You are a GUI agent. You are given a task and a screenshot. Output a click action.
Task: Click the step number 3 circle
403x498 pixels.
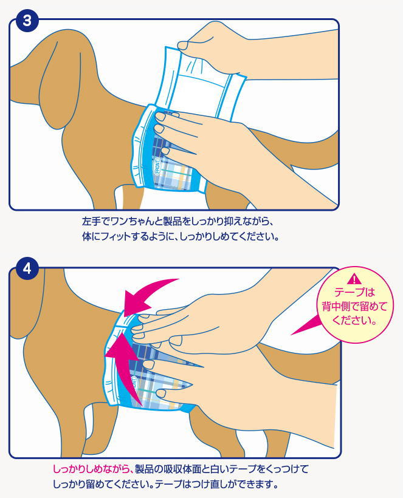point(27,21)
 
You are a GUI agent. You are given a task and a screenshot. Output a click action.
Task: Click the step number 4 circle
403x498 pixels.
point(27,267)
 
